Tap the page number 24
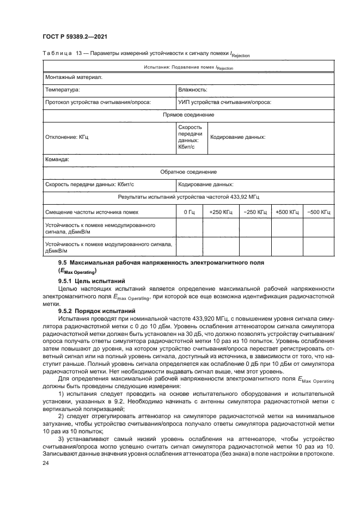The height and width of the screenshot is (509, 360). click(x=45, y=463)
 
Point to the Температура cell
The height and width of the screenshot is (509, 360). click(x=63, y=89)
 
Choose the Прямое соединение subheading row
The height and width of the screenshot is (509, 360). click(x=188, y=115)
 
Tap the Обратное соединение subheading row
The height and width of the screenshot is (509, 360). click(x=188, y=172)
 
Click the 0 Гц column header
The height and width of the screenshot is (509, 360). click(x=189, y=212)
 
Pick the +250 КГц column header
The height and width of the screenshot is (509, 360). click(x=221, y=212)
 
